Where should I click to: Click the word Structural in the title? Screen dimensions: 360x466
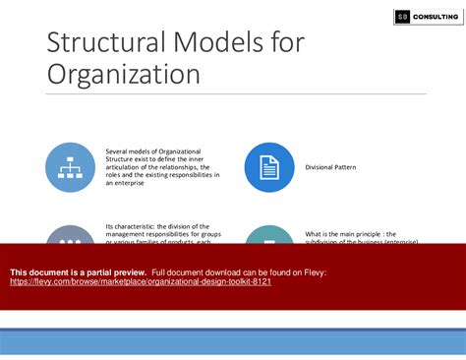(x=107, y=42)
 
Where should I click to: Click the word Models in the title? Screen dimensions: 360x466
(x=223, y=42)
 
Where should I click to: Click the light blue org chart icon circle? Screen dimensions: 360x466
(x=71, y=167)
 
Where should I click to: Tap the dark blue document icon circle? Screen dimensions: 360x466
(x=268, y=167)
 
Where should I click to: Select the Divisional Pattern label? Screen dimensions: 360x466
(x=330, y=167)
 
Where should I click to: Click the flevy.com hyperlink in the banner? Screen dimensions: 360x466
(x=141, y=281)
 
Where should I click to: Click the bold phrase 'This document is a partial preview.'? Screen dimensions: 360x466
(x=79, y=271)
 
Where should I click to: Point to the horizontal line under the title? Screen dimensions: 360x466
(x=236, y=94)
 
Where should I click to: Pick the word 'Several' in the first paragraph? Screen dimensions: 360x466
(x=119, y=151)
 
